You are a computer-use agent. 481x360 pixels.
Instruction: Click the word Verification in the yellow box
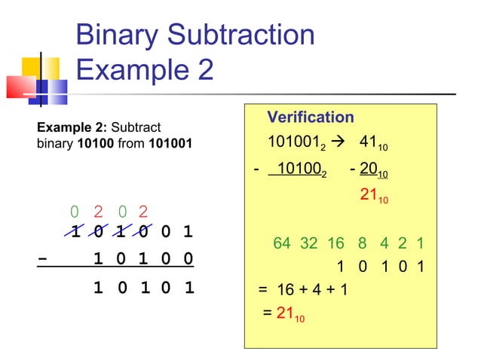pos(311,117)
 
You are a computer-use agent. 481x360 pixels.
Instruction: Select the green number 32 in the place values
pos(308,244)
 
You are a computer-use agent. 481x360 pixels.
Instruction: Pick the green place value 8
pos(363,244)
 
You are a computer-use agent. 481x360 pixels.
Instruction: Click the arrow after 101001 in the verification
pos(339,143)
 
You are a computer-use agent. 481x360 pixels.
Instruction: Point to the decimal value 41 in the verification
pos(369,143)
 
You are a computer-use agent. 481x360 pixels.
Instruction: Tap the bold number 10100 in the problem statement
pos(97,142)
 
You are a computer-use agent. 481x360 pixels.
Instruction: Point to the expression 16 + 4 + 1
pos(310,289)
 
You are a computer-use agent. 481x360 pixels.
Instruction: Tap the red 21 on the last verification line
pos(286,313)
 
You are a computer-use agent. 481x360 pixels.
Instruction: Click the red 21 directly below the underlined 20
pos(369,195)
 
